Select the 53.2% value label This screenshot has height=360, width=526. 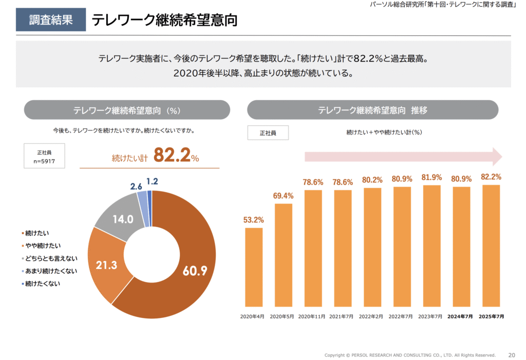click(x=253, y=220)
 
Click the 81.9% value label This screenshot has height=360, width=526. click(x=432, y=177)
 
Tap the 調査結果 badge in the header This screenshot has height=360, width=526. click(x=50, y=20)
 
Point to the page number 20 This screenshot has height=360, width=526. click(x=512, y=355)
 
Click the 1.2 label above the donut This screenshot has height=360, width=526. click(x=152, y=181)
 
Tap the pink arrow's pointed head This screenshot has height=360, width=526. click(x=497, y=156)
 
